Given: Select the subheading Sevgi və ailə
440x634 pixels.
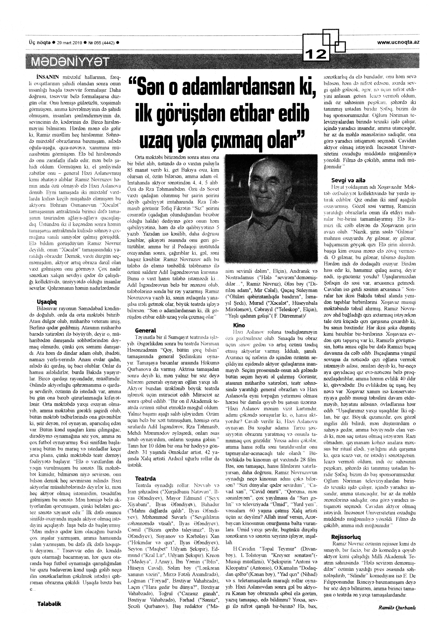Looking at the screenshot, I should [348, 180].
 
